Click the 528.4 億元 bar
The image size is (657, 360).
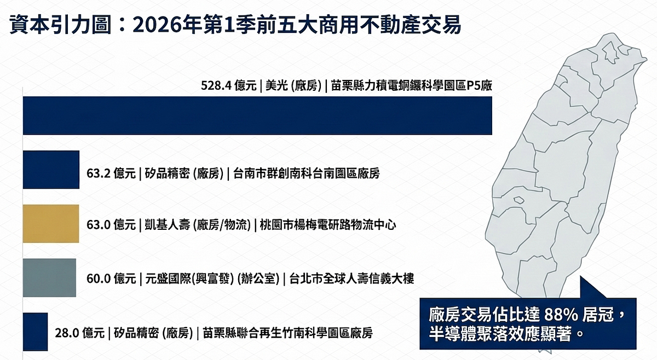[257, 115]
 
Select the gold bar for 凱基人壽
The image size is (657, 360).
[51, 224]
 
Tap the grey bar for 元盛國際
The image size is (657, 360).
[49, 277]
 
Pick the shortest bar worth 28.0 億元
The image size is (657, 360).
[35, 332]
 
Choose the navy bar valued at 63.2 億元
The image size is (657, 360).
[51, 170]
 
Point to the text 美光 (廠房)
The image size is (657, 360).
[293, 85]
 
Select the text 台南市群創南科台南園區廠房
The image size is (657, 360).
[306, 174]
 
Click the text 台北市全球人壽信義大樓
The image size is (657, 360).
[351, 278]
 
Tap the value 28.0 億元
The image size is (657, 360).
[80, 332]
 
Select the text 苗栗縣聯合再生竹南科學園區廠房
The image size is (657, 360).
[287, 332]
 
